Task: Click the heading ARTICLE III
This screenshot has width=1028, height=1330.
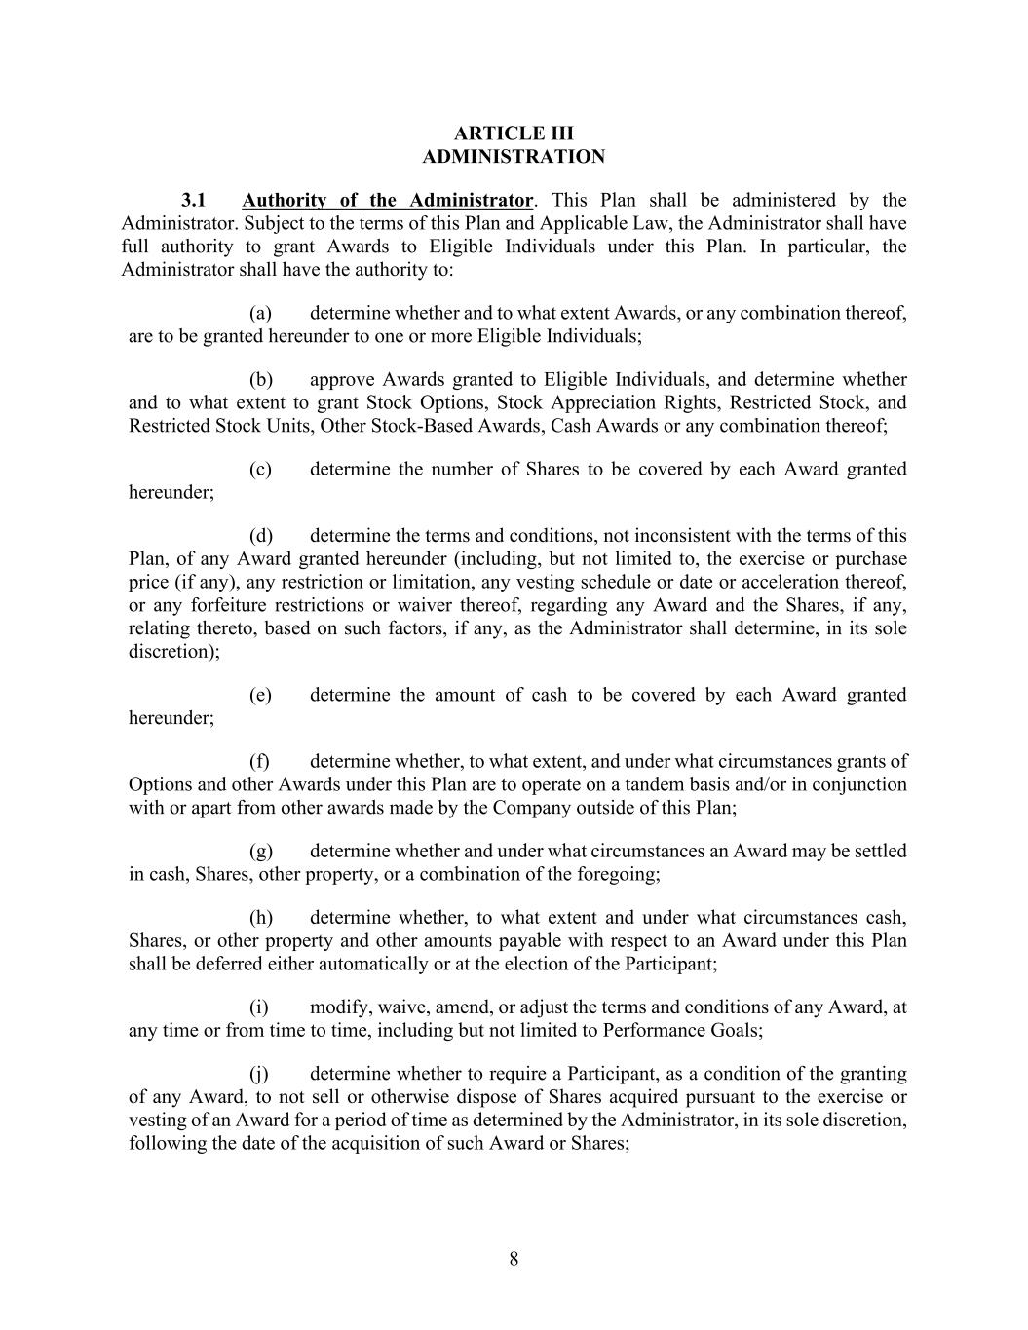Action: click(514, 133)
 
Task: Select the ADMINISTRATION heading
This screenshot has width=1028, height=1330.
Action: click(514, 157)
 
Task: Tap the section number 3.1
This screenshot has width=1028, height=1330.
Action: click(194, 201)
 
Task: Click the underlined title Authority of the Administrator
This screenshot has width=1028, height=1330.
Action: click(387, 201)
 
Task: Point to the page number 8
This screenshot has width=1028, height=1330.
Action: click(514, 1259)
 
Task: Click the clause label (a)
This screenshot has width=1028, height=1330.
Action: click(260, 314)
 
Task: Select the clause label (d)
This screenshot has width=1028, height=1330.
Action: click(260, 536)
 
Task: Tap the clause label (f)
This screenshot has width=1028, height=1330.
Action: click(259, 762)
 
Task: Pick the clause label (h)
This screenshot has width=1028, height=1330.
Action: click(260, 918)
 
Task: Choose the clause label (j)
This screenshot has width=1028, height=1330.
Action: click(259, 1074)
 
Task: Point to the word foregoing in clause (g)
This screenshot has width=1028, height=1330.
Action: click(615, 875)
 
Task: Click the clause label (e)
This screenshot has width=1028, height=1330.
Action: click(260, 696)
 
